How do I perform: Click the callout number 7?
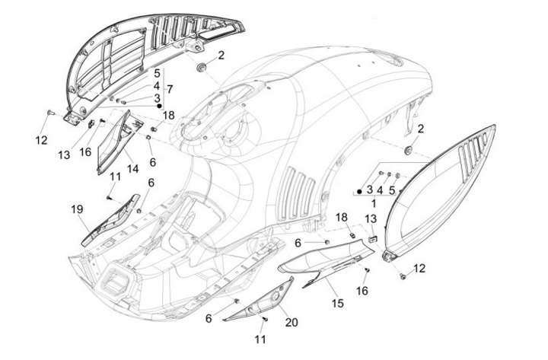pos(170,89)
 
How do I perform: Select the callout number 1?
pos(373,203)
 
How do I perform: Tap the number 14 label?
pos(132,169)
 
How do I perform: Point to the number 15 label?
pos(338,304)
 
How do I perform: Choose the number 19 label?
pos(77,209)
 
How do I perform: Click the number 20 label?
pos(292,322)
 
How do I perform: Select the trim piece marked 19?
pos(111,220)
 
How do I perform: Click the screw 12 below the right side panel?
pos(403,276)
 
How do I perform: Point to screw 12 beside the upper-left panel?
pos(49,112)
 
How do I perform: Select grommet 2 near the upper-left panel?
pos(202,68)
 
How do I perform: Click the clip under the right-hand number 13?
pos(372,240)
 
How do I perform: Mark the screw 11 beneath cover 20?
pos(266,319)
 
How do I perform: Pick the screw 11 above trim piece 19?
pos(109,198)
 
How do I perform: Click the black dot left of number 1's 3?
pos(359,191)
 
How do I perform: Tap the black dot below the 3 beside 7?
pos(158,106)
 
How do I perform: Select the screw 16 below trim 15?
pos(367,270)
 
